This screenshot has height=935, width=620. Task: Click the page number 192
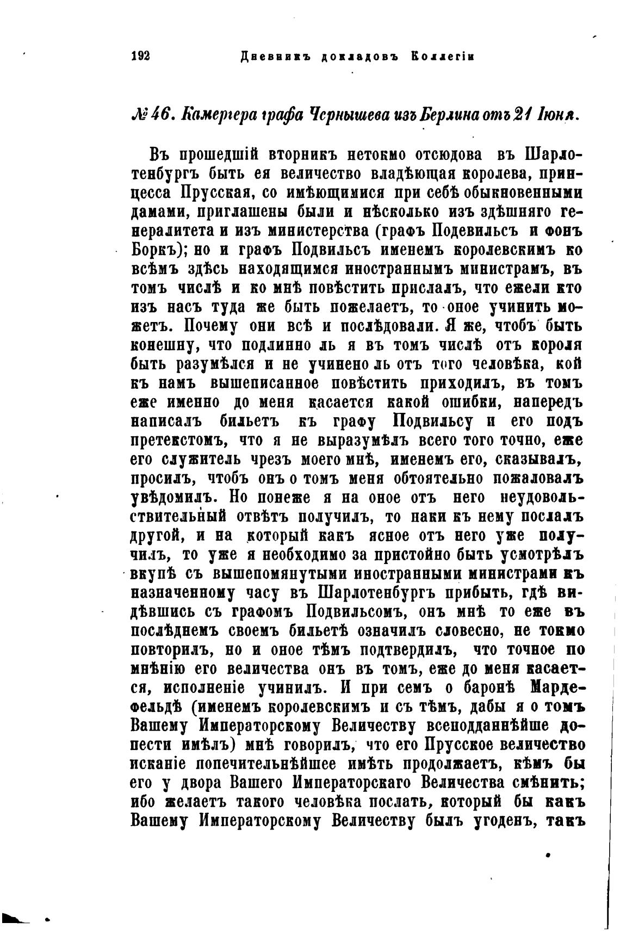140,57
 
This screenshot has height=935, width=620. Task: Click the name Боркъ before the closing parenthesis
153,250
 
